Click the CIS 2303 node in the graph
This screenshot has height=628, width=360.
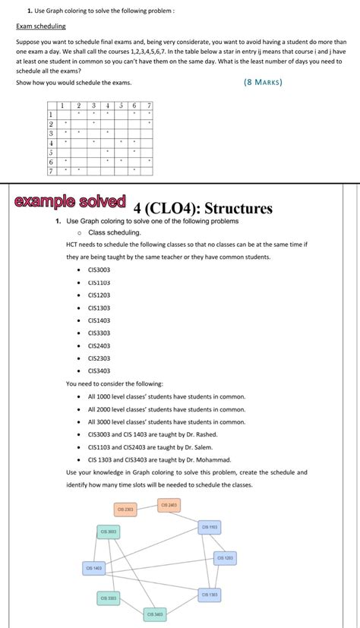125,509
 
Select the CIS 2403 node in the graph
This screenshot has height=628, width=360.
169,504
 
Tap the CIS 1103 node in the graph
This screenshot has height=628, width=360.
210,526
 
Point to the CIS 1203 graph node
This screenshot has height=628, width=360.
225,557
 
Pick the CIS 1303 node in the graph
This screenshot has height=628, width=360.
210,594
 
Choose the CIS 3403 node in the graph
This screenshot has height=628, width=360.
155,614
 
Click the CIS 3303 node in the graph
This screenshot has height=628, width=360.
109,598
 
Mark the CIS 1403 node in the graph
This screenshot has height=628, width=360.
94,567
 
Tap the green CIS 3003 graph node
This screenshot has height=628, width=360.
108,532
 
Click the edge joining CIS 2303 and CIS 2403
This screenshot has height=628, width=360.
147,507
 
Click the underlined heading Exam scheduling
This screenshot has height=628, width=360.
41,26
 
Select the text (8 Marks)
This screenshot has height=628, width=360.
264,82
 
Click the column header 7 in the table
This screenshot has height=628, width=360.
150,106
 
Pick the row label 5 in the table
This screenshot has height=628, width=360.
51,151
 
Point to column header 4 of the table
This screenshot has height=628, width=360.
108,106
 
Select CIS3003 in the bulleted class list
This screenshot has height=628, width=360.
99,270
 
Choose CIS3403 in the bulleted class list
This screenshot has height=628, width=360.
99,371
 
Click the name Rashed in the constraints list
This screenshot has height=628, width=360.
205,434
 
